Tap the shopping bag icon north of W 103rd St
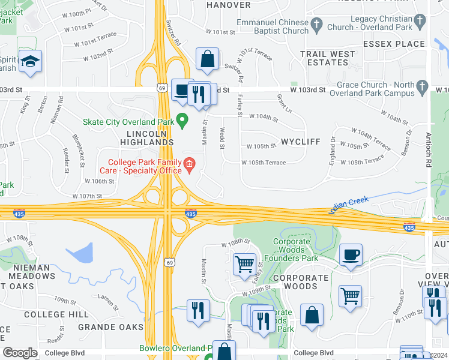(207, 59)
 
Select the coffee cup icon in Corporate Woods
(351, 255)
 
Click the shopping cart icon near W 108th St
(244, 265)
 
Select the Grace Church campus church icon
(423, 85)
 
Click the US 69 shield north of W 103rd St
(163, 88)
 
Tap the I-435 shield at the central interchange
(190, 214)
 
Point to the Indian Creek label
(348, 204)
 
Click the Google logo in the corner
(20, 352)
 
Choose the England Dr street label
(332, 151)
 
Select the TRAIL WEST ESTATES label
(328, 58)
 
